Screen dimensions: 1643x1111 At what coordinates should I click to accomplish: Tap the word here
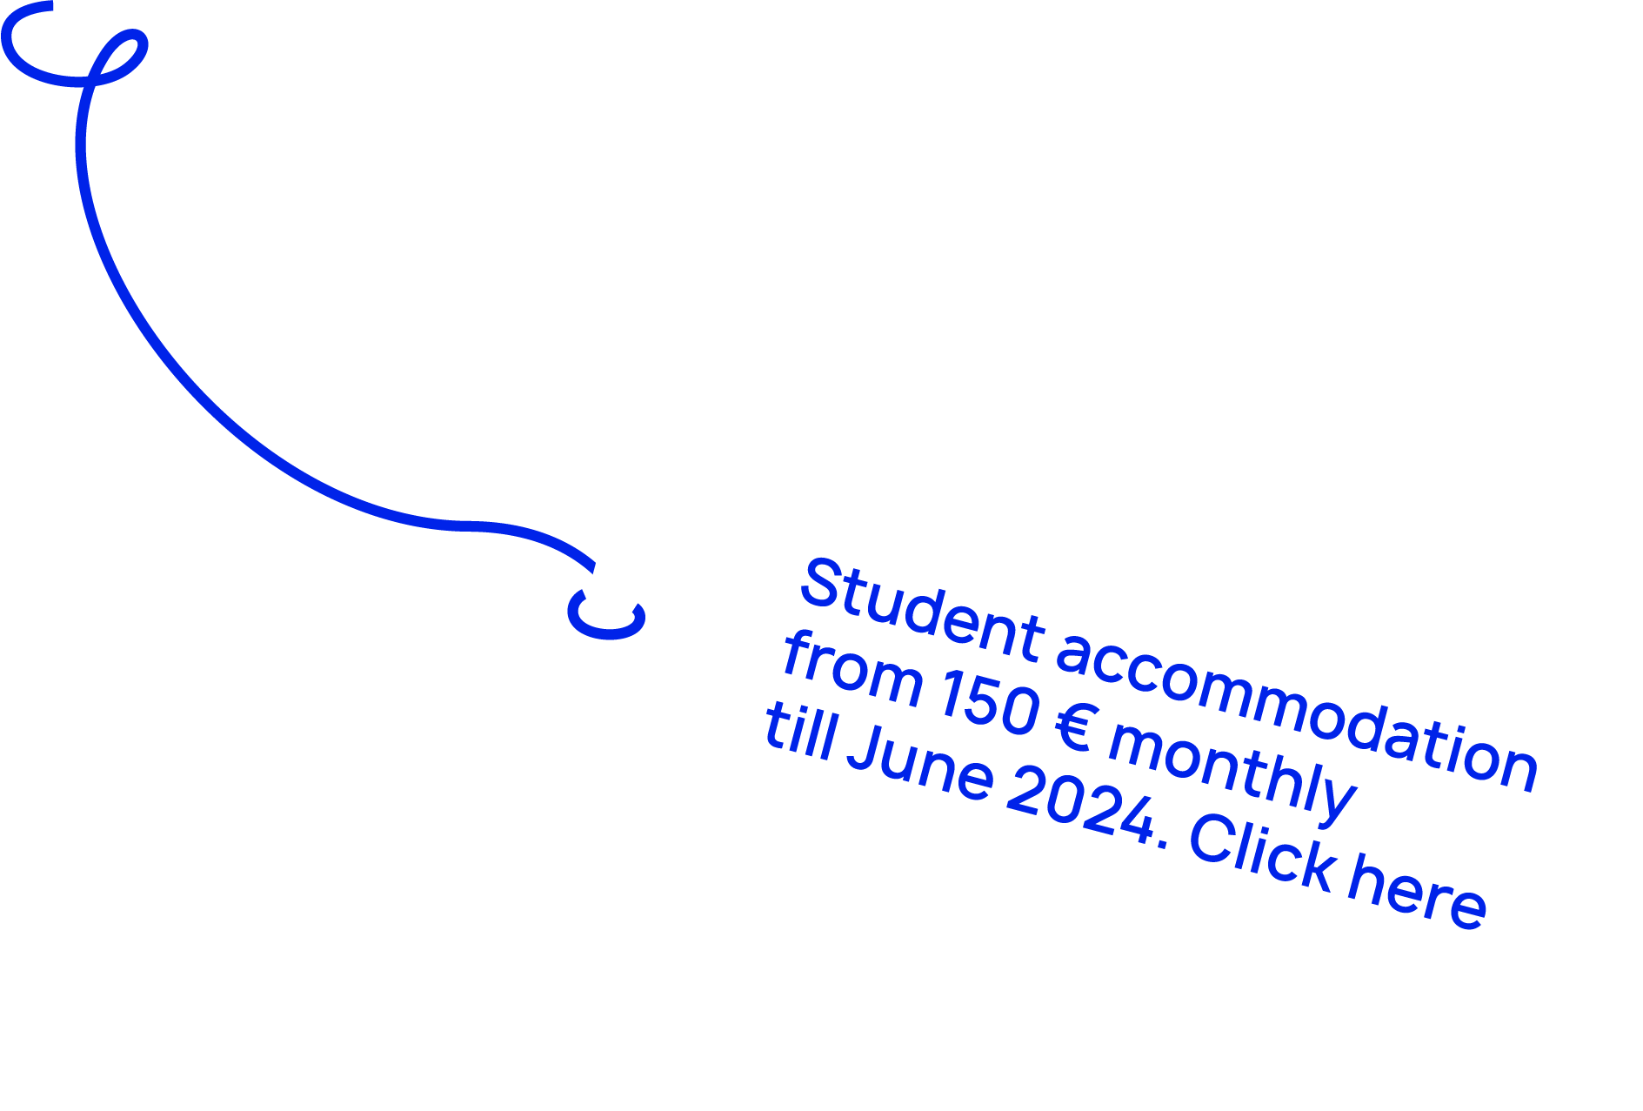click(x=1417, y=896)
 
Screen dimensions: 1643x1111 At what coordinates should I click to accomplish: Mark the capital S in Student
click(x=822, y=583)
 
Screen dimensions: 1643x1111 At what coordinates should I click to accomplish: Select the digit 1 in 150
click(x=951, y=693)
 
